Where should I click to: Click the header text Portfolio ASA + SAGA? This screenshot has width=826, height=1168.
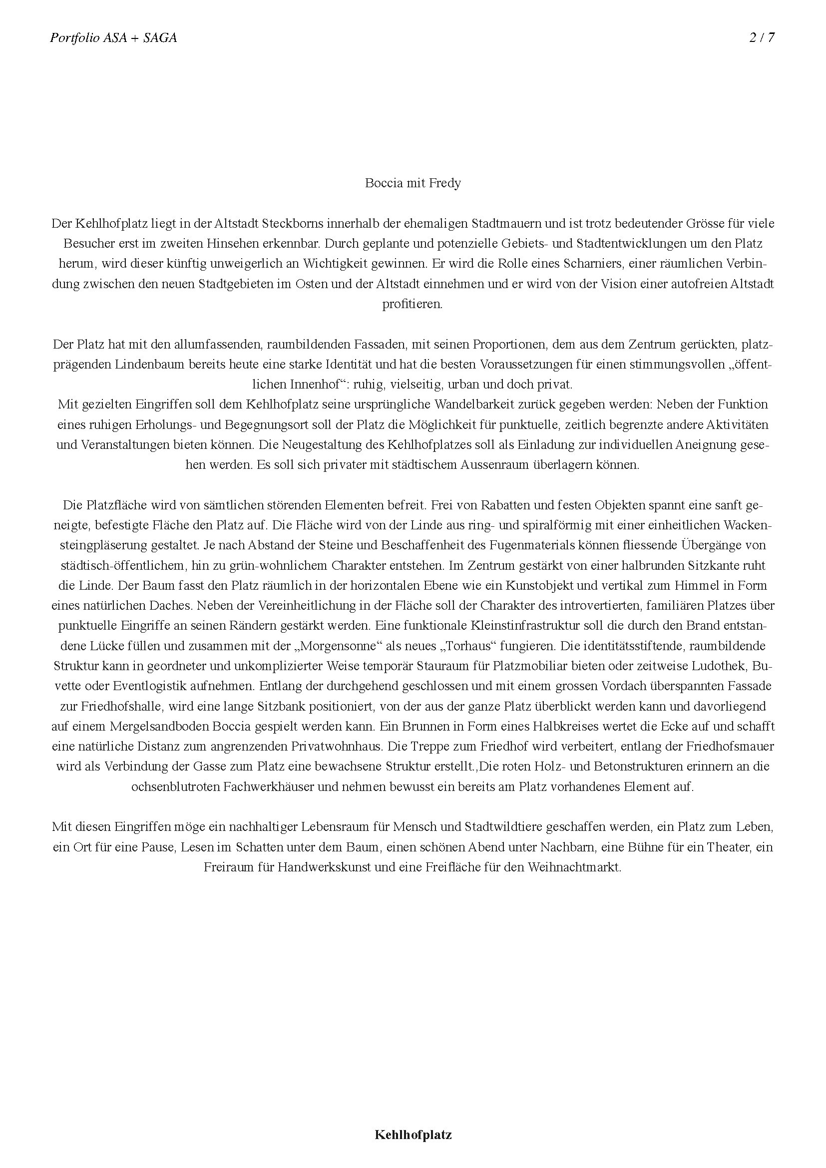[x=113, y=37]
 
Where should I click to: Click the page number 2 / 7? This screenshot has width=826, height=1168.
[x=762, y=37]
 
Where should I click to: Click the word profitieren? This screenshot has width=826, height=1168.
[x=413, y=304]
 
